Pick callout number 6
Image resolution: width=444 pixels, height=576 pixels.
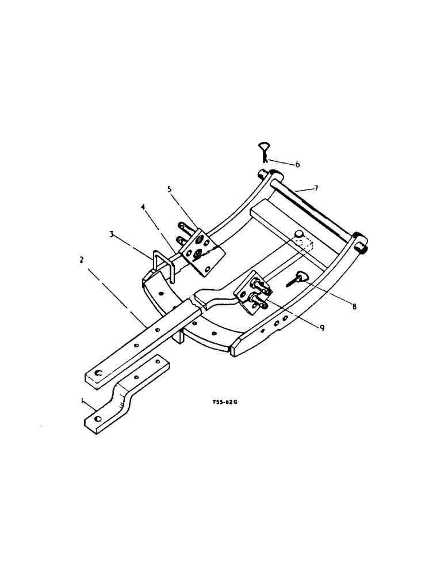click(x=298, y=165)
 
